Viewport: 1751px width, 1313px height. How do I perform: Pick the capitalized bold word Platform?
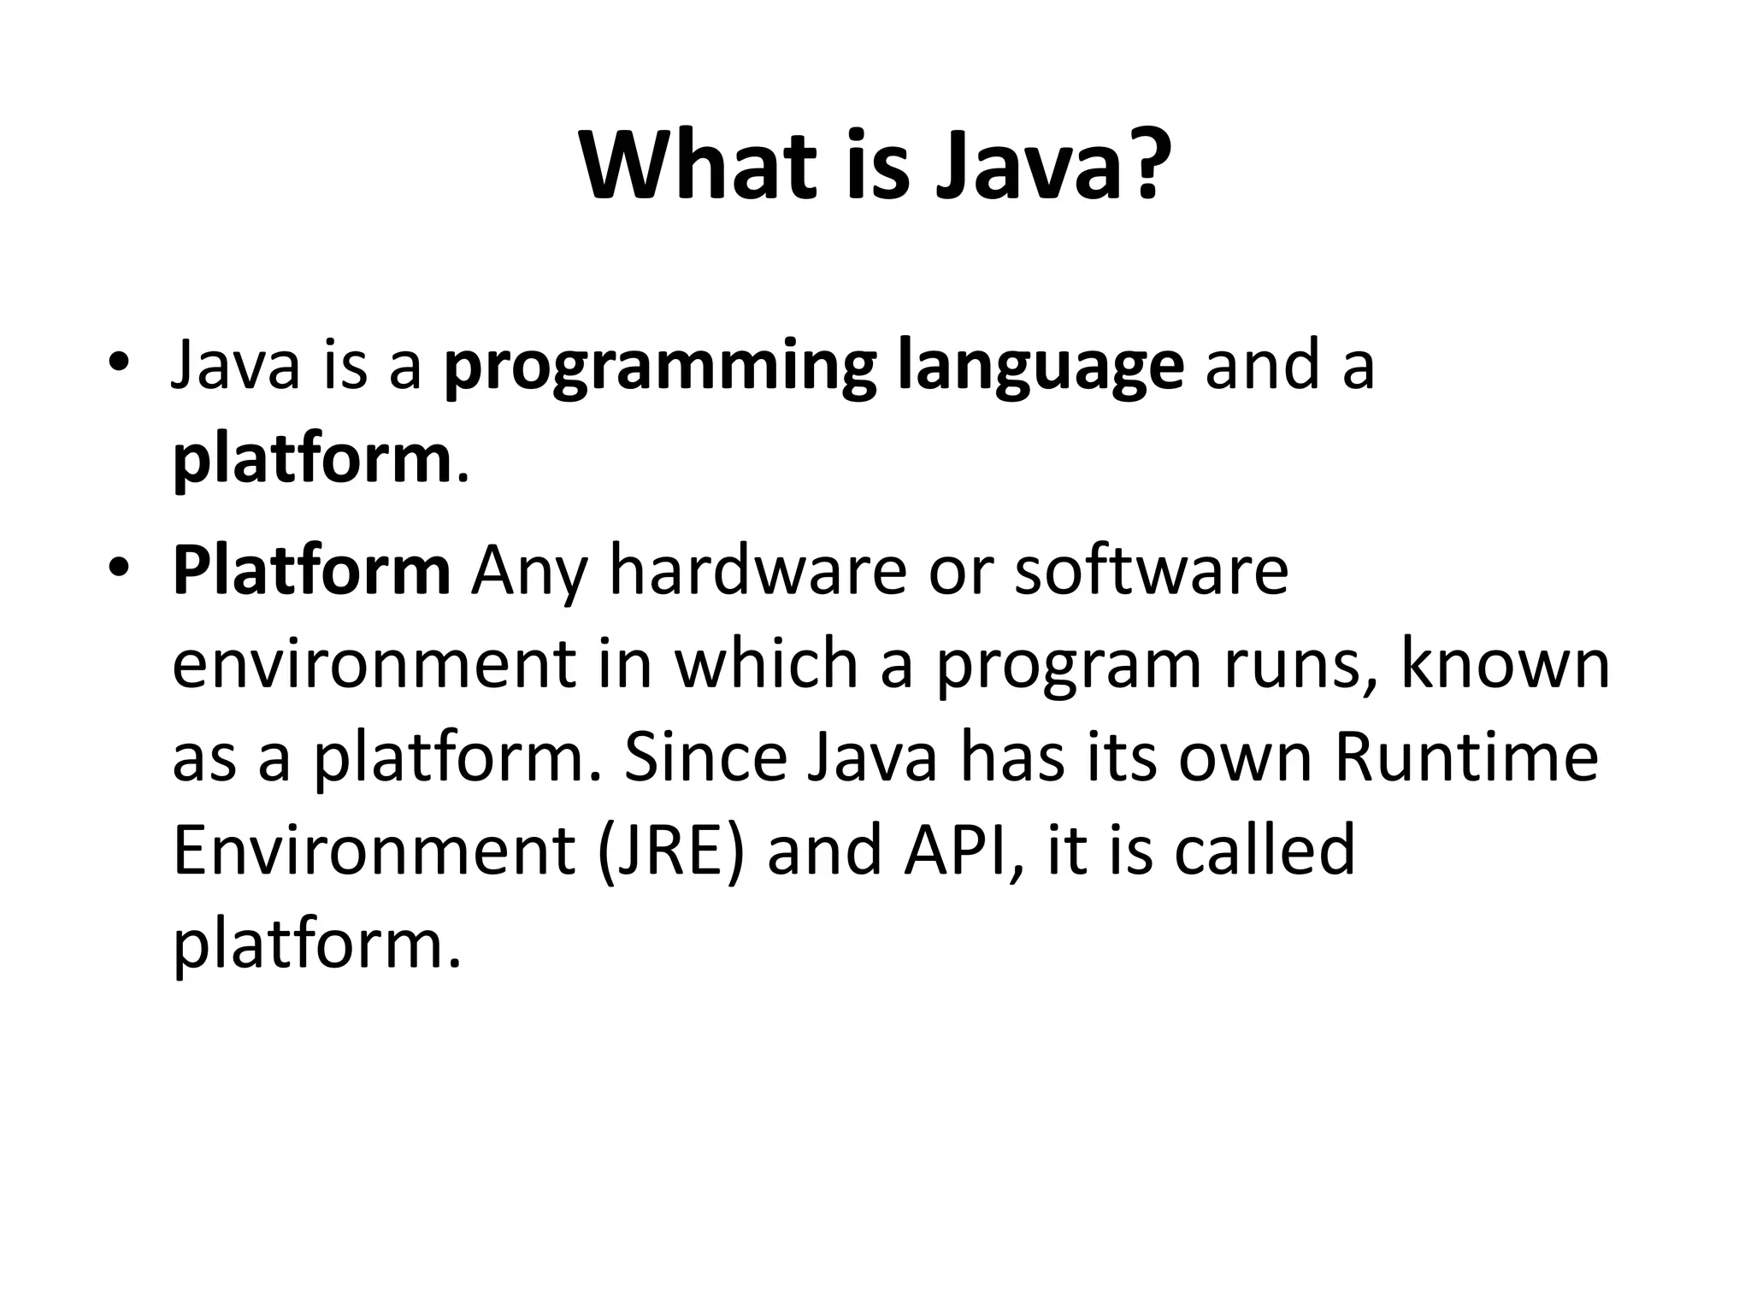tap(311, 571)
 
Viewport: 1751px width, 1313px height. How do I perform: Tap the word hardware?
tap(758, 571)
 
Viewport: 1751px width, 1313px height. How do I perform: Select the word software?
tap(1151, 571)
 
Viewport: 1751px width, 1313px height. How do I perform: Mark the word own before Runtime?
tap(1245, 759)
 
